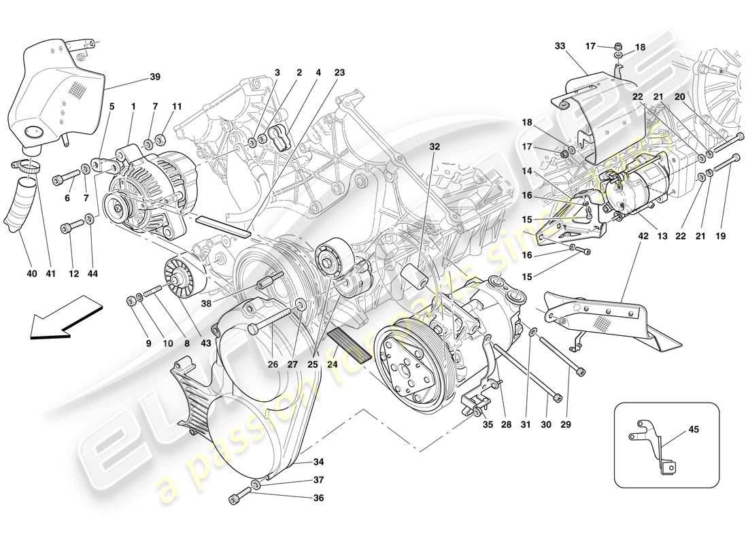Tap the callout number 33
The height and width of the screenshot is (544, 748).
[x=559, y=46]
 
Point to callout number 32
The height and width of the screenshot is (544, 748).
[x=435, y=146]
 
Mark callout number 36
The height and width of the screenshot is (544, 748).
[x=318, y=498]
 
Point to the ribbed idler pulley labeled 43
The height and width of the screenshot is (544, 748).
[x=182, y=276]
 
